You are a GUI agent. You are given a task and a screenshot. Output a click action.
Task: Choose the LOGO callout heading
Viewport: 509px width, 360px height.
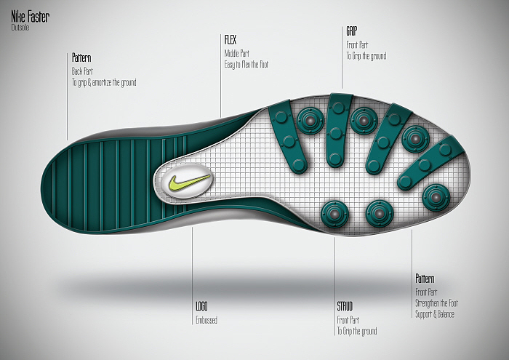click(202, 307)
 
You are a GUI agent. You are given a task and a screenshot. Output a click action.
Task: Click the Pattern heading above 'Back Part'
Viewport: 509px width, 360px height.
click(81, 57)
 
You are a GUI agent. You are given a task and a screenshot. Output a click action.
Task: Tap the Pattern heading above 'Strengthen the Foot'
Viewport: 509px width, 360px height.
click(425, 279)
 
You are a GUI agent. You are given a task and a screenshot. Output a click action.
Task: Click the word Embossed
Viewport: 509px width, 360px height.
click(207, 320)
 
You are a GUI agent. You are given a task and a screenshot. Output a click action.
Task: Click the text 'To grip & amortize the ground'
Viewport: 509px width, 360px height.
click(104, 82)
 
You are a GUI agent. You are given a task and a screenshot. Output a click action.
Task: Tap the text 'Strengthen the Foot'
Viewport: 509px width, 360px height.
click(436, 303)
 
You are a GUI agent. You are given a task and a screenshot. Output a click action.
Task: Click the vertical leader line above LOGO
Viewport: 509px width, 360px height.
click(193, 262)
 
